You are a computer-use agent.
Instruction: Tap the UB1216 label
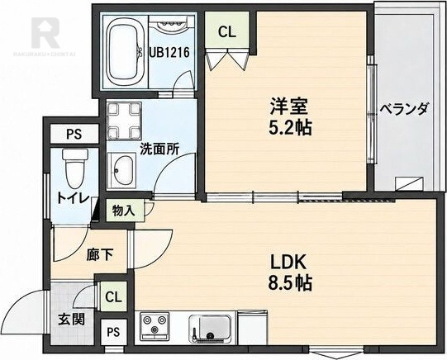(170, 52)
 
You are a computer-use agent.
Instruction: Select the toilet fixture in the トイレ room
(75, 169)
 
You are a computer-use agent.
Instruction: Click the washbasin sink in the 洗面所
(122, 170)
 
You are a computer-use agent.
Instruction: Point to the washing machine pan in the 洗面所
(124, 121)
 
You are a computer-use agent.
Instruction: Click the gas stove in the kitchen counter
(155, 326)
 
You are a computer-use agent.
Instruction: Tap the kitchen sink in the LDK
(211, 328)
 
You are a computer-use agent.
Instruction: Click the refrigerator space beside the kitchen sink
(252, 328)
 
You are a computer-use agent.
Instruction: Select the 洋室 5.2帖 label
(290, 116)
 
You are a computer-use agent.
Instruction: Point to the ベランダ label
(404, 109)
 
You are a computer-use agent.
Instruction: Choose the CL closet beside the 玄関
(113, 296)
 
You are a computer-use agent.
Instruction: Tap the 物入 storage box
(123, 211)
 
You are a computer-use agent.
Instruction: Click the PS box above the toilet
(74, 134)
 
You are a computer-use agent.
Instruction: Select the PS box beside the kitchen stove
(113, 332)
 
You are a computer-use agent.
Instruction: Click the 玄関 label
(72, 320)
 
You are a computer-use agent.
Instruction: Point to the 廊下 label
(100, 254)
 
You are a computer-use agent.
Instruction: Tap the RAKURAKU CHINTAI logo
(45, 36)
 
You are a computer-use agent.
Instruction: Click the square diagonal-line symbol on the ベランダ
(409, 184)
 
